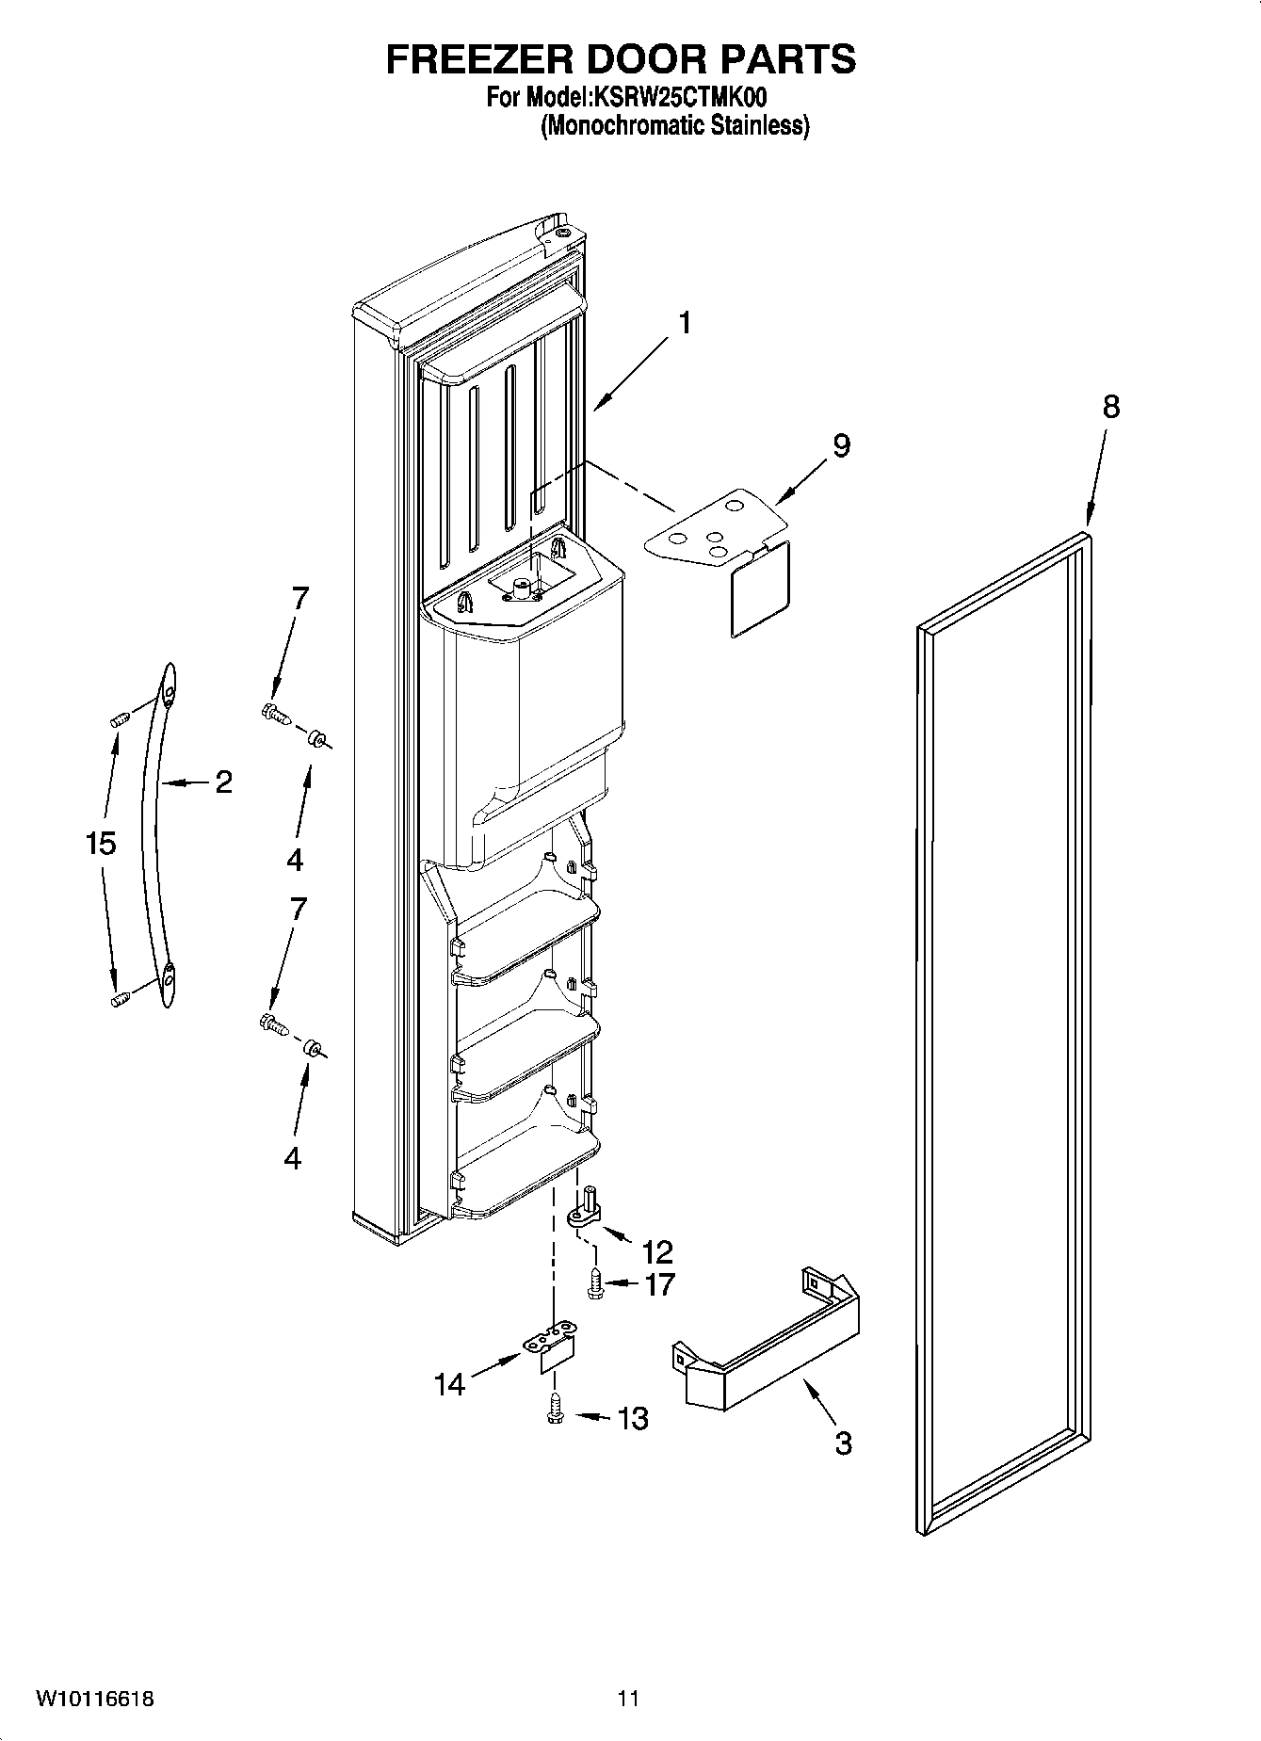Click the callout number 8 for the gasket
[1111, 407]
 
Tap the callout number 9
[841, 445]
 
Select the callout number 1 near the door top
[685, 323]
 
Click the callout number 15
[101, 843]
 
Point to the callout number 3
[843, 1443]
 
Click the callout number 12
[657, 1251]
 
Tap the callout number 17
[659, 1283]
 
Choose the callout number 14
[450, 1384]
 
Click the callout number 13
[633, 1418]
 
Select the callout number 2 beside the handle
[223, 782]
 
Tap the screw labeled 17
[595, 1282]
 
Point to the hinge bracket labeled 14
[549, 1348]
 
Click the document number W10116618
[95, 1698]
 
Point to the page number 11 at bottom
[628, 1698]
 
